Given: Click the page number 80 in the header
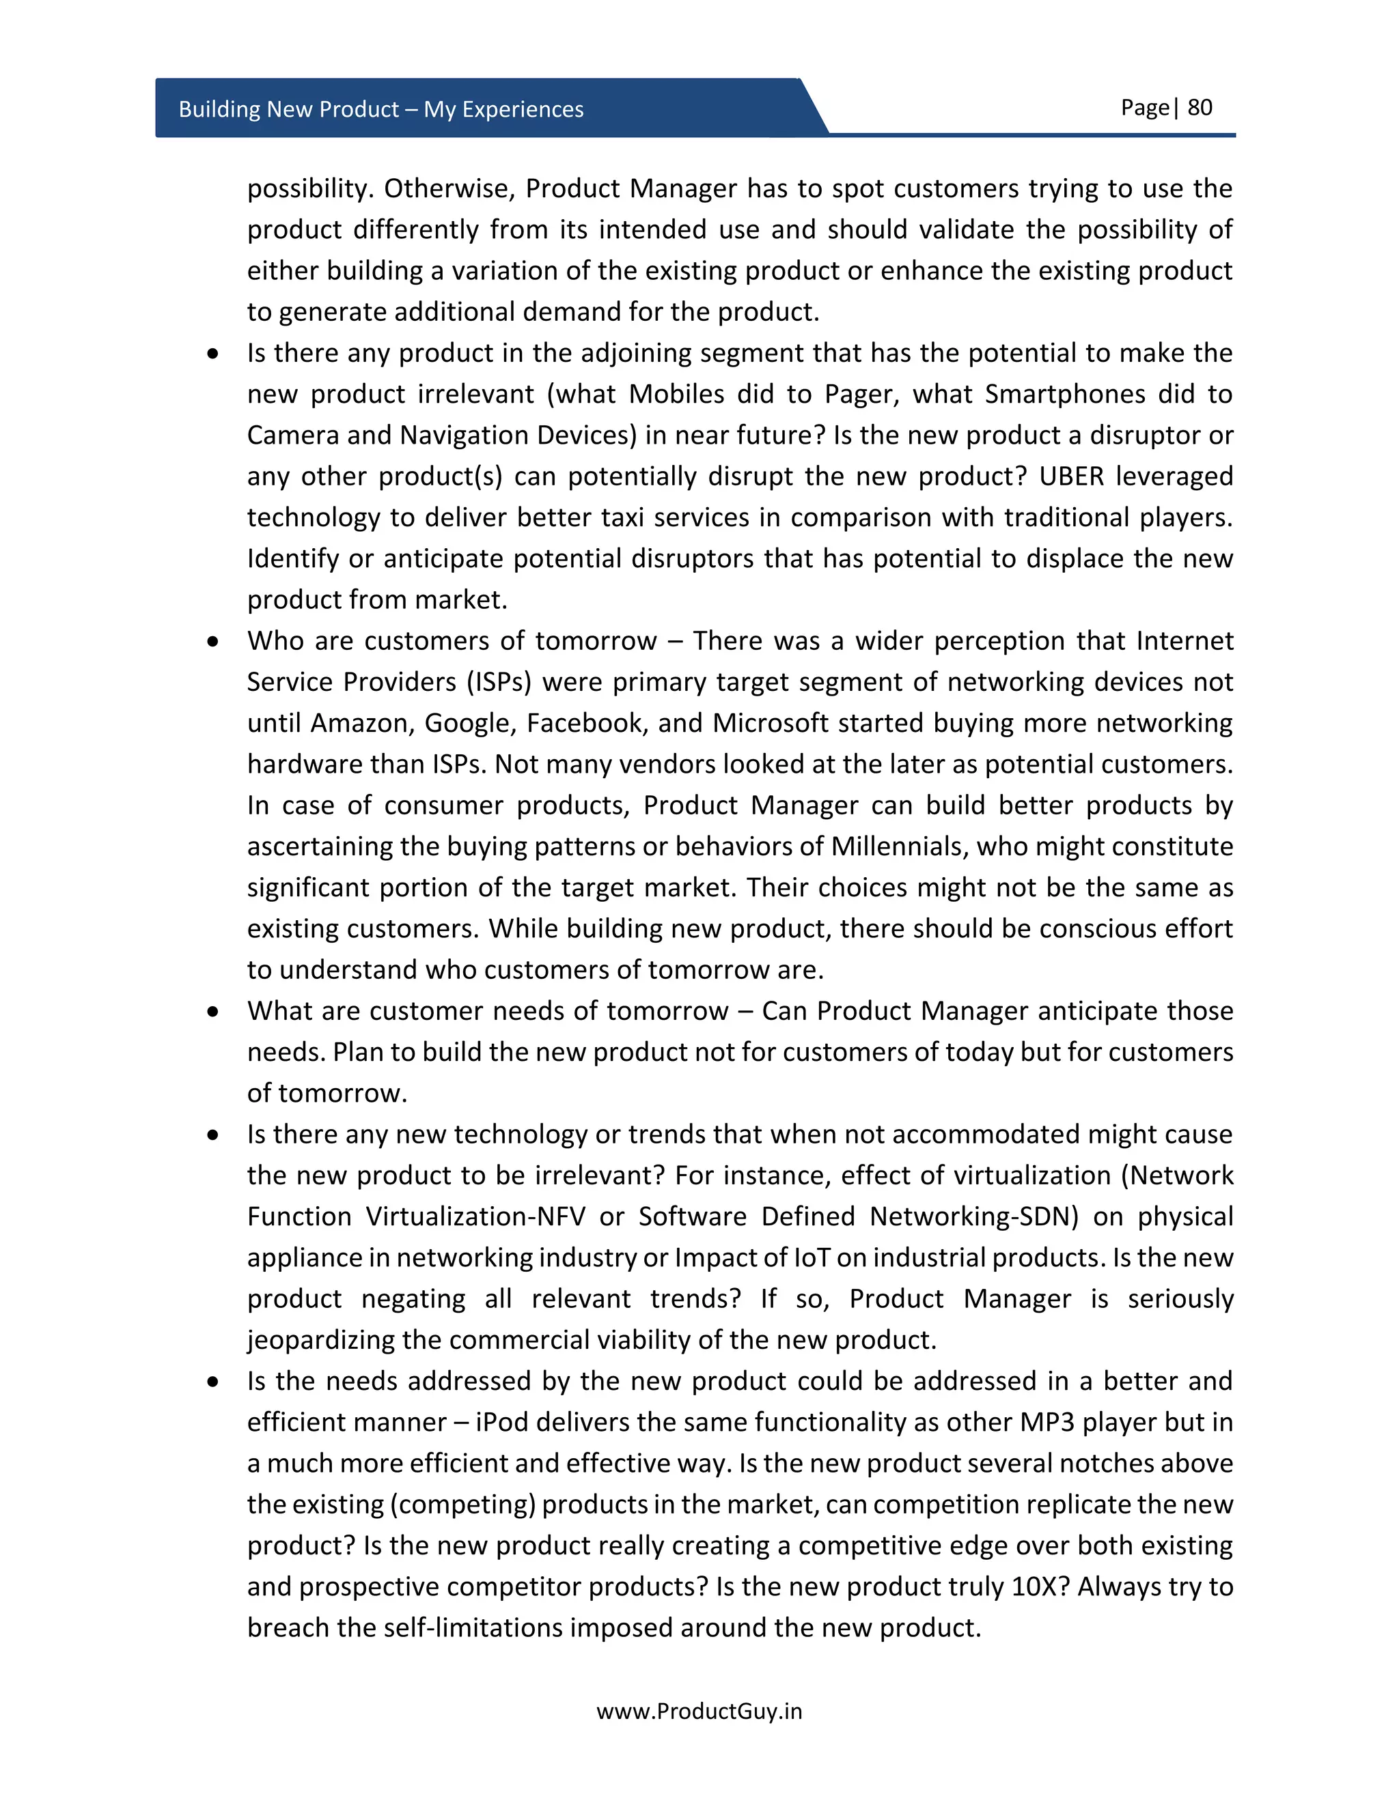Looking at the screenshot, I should (1200, 108).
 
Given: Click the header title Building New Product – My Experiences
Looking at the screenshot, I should (380, 109).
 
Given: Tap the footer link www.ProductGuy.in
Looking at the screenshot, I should (699, 1711).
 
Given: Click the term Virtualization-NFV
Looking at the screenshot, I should (475, 1216).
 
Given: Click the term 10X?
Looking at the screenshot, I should (1040, 1586).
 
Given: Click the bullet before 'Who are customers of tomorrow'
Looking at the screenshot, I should (214, 641).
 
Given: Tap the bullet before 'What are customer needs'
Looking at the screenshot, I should (214, 1012).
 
